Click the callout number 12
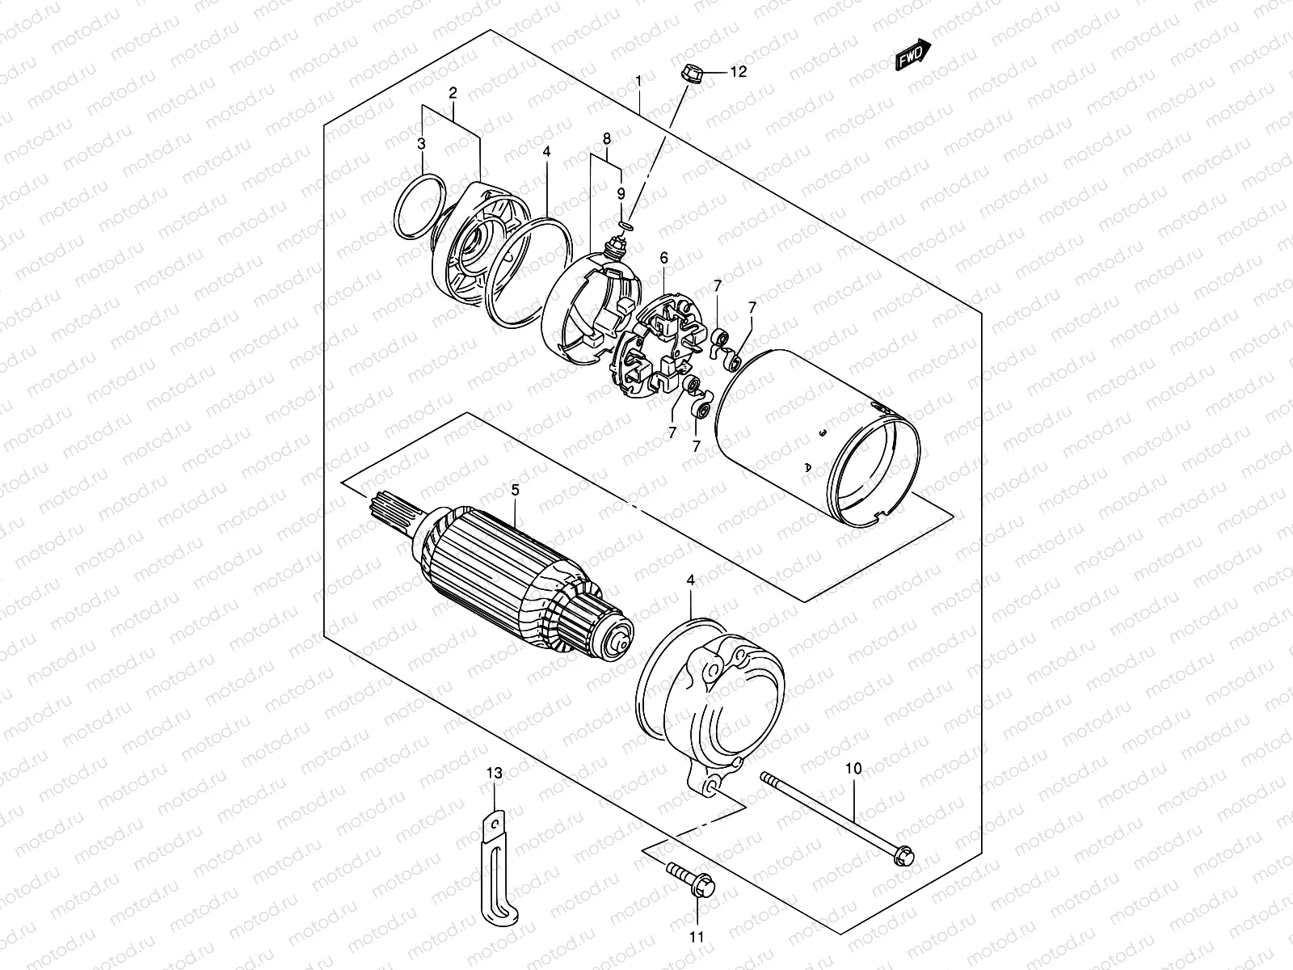coord(739,72)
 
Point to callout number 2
coord(453,93)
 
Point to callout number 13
coord(495,774)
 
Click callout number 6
coord(663,259)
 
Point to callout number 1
coord(638,81)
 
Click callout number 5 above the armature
coord(515,490)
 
